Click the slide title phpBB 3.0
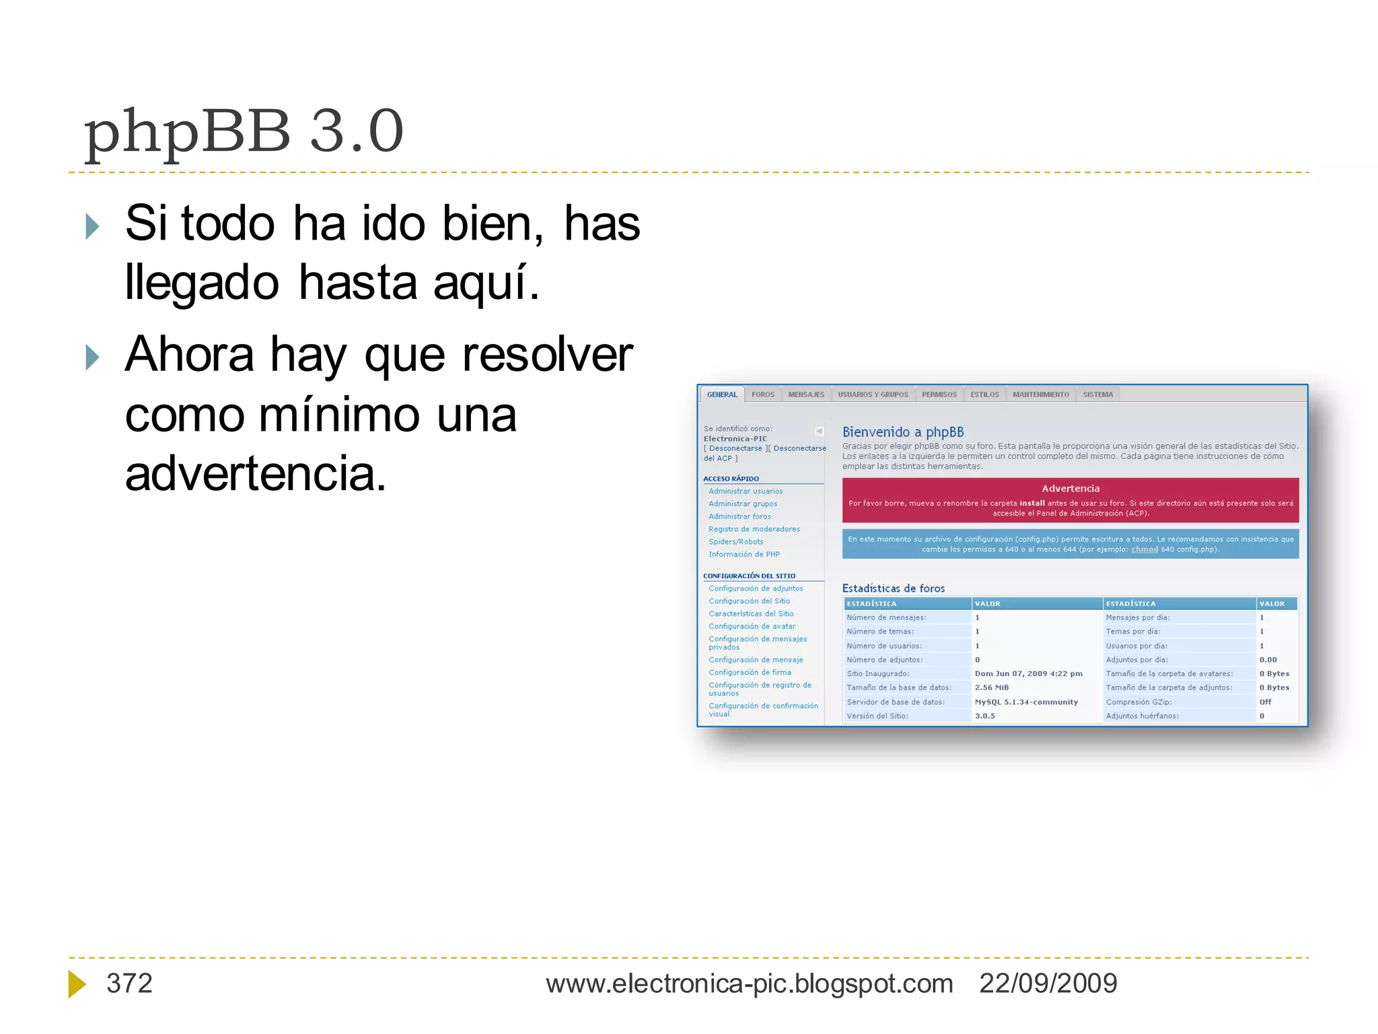point(244,132)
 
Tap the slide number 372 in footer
point(129,984)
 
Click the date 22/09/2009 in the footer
point(1048,984)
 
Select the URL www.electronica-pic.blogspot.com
point(749,984)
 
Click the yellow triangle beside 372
point(77,984)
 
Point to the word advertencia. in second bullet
point(256,473)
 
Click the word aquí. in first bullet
point(486,283)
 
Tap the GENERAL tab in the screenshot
point(722,394)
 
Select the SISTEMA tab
point(1097,394)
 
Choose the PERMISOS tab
point(939,394)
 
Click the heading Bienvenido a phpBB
point(903,432)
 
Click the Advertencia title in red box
point(1071,489)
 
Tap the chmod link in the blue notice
point(1145,549)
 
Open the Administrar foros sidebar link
point(739,516)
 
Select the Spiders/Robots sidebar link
point(735,542)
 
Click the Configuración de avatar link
point(752,626)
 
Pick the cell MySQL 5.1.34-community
point(1026,702)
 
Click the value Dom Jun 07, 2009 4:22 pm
point(1028,674)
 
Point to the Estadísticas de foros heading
point(894,588)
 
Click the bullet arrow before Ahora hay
point(92,357)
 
